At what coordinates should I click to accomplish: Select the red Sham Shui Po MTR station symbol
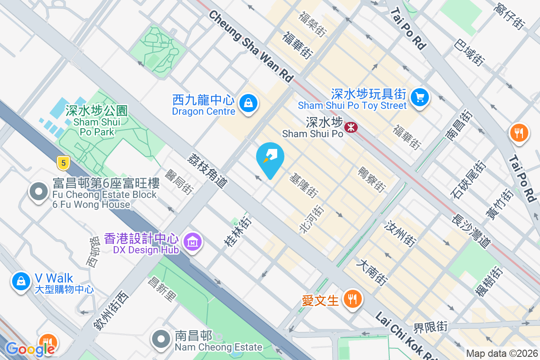pos(351,127)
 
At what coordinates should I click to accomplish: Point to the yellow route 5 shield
pos(63,163)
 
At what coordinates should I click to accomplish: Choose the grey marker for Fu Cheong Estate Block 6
pos(39,192)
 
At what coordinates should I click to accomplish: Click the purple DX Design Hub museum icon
pos(193,242)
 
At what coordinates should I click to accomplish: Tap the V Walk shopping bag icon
pos(20,281)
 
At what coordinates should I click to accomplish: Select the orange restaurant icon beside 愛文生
pos(352,298)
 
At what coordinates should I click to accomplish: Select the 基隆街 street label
pos(303,185)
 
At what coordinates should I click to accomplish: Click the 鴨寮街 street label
pos(371,180)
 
